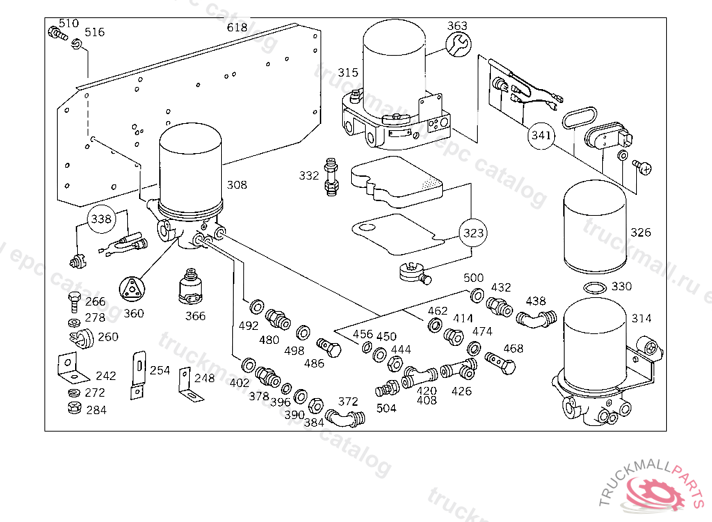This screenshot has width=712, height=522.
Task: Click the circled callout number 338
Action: pos(102,220)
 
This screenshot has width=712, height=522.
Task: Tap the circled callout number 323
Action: pos(472,233)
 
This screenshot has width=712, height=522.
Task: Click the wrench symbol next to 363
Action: pos(458,46)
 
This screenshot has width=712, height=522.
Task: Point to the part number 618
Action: pos(237,28)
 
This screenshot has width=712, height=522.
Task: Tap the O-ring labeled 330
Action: pos(593,288)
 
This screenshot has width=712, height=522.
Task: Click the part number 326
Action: pos(640,232)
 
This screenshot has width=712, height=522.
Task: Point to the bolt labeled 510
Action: pos(55,33)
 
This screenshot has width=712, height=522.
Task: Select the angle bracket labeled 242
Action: pos(69,367)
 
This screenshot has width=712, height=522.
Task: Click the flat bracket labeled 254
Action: pos(138,374)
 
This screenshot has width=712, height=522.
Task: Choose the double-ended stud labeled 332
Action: pos(331,177)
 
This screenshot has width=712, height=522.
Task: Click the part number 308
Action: pos(236,185)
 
